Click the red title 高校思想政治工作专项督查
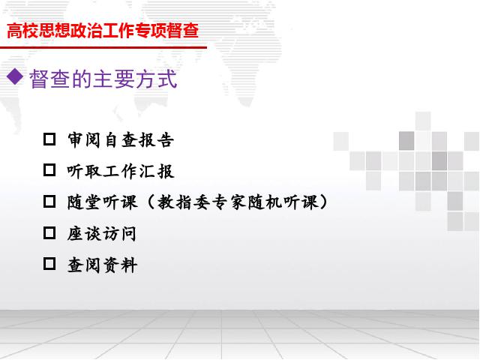[x=103, y=31]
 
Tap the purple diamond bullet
[x=15, y=76]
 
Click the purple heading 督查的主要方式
[x=103, y=79]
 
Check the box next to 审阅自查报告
[x=49, y=139]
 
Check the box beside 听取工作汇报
[x=49, y=170]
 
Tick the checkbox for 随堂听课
[x=49, y=202]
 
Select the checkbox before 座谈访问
[x=49, y=233]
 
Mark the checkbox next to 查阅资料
[x=49, y=264]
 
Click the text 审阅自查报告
[x=121, y=140]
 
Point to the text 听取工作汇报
[x=121, y=171]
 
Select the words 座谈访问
[x=102, y=234]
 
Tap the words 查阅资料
[x=102, y=265]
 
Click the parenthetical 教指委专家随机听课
[x=238, y=202]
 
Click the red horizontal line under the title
[x=103, y=47]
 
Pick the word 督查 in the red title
[x=183, y=31]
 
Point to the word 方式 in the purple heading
[x=157, y=79]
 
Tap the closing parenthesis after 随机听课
[x=323, y=202]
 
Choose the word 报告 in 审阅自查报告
[x=157, y=140]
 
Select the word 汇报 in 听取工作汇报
[x=157, y=171]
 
